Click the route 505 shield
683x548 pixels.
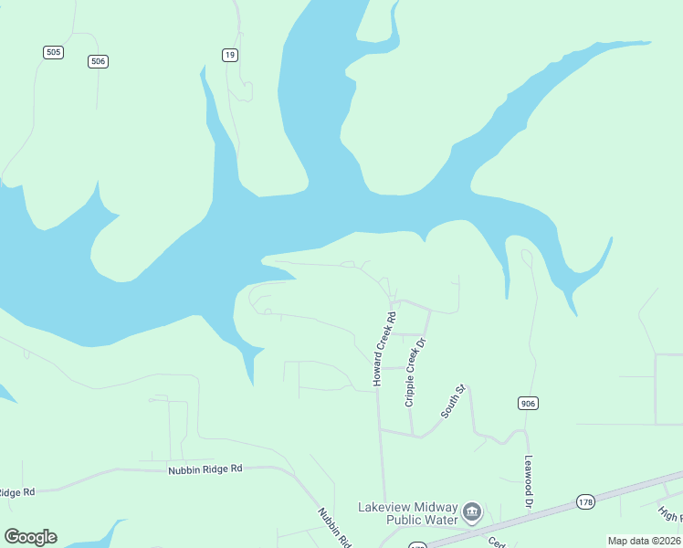coord(53,52)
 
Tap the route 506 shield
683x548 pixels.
coord(99,61)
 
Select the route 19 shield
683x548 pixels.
coord(230,55)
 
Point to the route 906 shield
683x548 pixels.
coord(528,403)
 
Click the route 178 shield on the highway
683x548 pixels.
coord(585,501)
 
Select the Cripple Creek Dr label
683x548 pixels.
coord(415,373)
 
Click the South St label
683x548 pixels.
coord(454,402)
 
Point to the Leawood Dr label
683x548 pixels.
coord(528,481)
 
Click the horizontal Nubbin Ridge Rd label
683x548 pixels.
coord(205,469)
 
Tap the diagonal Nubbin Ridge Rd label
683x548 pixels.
coord(334,527)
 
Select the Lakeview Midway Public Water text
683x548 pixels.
coord(406,513)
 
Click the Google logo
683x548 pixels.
coord(30,537)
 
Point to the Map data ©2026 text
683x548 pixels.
coord(644,541)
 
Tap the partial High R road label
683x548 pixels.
coord(671,517)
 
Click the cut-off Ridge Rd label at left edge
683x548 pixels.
coord(16,492)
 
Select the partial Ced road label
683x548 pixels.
coord(497,542)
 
